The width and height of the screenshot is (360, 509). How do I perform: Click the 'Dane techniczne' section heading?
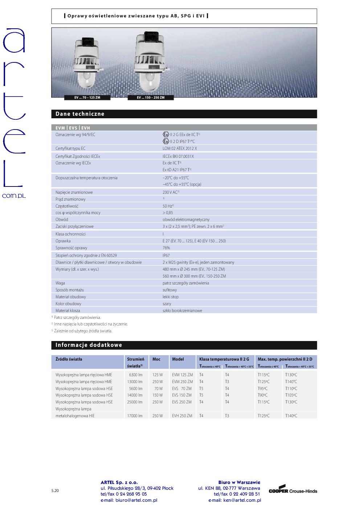80,114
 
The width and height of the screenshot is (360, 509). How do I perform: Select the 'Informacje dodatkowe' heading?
89,345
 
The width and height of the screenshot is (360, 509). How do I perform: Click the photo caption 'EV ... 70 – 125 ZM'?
87,98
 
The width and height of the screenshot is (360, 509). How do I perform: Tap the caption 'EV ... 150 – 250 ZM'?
151,98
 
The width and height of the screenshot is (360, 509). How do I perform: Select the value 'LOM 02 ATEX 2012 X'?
180,148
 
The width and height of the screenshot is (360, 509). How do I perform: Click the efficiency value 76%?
166,248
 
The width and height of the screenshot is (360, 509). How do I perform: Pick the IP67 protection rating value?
166,255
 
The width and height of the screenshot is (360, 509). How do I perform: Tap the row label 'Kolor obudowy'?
68,304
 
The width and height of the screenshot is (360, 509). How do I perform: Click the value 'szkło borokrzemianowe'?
182,311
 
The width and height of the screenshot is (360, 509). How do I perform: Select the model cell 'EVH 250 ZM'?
182,416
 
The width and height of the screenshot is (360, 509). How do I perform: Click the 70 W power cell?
158,389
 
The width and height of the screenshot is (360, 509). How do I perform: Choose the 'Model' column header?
178,359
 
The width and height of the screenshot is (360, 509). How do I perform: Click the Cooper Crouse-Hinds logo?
293,490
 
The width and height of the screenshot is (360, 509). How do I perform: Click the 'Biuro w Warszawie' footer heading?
239,482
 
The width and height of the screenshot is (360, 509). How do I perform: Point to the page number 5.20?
55,490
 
